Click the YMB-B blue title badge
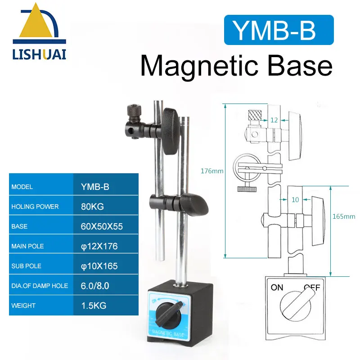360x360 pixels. [279, 30]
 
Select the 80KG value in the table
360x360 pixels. [92, 207]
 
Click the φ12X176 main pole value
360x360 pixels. [99, 246]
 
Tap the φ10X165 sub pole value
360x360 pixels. [99, 266]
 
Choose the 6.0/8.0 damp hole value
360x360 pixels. [94, 286]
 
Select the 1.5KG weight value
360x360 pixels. [94, 306]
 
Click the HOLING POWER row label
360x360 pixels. [35, 207]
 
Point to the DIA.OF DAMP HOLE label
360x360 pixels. [40, 286]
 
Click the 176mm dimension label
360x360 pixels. [212, 171]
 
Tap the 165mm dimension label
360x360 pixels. [344, 216]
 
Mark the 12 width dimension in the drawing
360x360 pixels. [274, 120]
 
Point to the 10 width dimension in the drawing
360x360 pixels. [295, 199]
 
